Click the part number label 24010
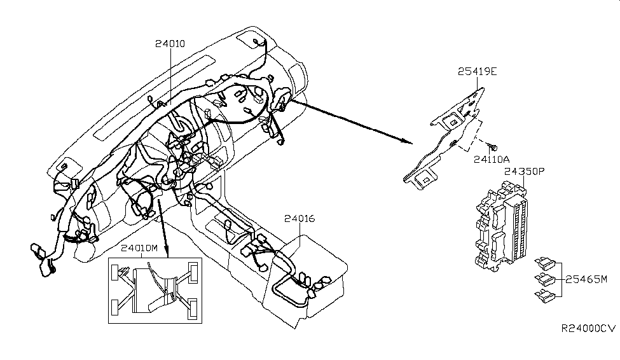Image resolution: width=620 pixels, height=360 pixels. click(x=170, y=44)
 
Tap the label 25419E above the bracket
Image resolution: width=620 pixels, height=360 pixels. click(x=477, y=72)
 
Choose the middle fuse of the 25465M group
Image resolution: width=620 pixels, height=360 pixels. click(x=541, y=278)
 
